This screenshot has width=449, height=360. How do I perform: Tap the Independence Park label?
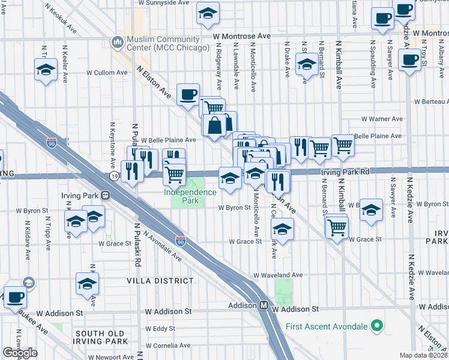pos(190,192)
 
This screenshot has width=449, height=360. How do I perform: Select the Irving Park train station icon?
pos(106,195)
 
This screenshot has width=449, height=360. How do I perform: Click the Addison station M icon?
pos(264,305)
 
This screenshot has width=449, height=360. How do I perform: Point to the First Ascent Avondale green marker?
pos(376,326)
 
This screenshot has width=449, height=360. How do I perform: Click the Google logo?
pos(20,353)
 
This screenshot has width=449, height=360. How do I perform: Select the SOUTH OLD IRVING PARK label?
pos(101,337)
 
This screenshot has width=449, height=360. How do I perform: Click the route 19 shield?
pos(114,176)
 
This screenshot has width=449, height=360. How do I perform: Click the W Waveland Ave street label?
pos(278,275)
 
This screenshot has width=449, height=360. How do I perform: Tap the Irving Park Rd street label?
pos(345,171)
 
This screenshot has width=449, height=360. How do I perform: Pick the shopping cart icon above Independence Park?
pos(174,175)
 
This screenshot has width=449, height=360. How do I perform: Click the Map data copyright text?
pos(423,355)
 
